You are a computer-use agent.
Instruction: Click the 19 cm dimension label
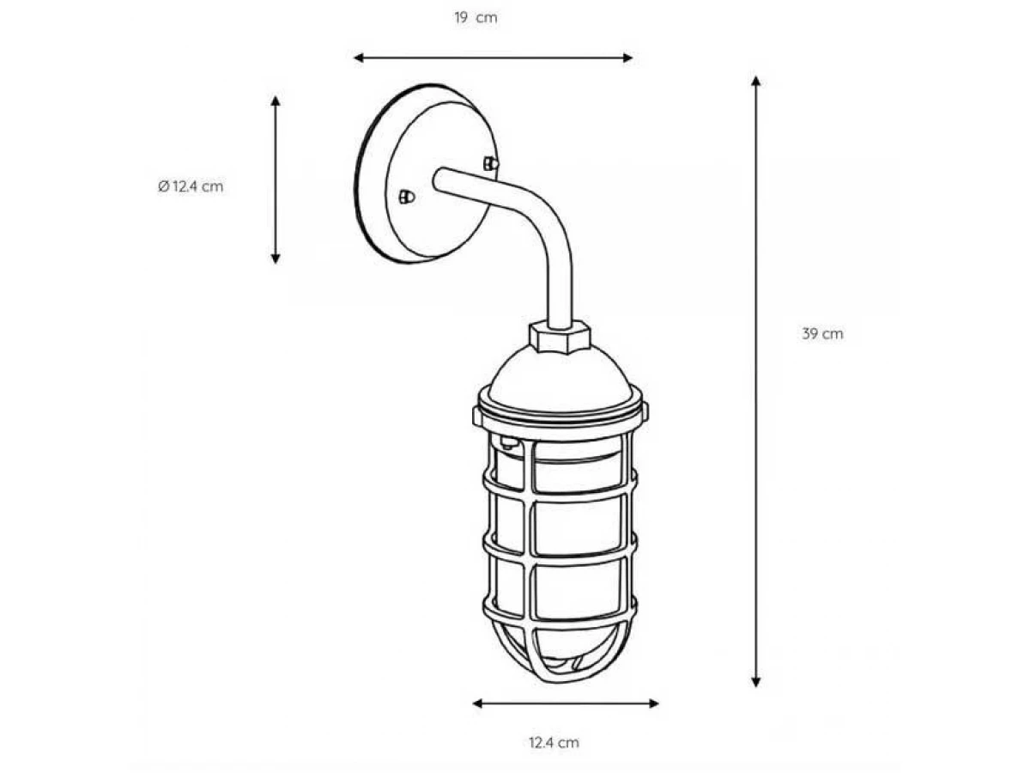[476, 18]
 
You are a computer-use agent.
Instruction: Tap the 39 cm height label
[822, 334]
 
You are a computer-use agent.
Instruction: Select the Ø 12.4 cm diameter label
[191, 186]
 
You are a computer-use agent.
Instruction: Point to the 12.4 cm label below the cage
[554, 742]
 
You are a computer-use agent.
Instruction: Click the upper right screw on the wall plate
[491, 164]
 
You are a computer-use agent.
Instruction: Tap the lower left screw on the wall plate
[406, 198]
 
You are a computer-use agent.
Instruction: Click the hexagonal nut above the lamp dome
[559, 336]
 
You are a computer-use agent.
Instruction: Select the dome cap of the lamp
[559, 375]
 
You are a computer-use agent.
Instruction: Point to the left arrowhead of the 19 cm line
[359, 58]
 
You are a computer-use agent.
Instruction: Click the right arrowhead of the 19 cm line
[627, 58]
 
